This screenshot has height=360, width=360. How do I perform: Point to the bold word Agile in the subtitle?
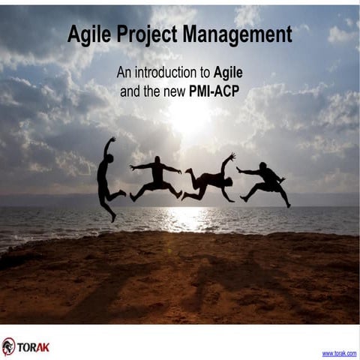click(229, 73)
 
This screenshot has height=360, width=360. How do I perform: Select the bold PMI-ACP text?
click(217, 92)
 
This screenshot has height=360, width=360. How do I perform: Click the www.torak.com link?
click(339, 352)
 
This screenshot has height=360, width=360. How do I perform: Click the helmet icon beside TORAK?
click(9, 346)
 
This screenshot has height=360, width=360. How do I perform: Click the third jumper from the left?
click(211, 178)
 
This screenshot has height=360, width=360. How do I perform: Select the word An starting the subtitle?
click(124, 73)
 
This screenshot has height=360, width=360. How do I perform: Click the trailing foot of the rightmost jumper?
click(288, 205)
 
